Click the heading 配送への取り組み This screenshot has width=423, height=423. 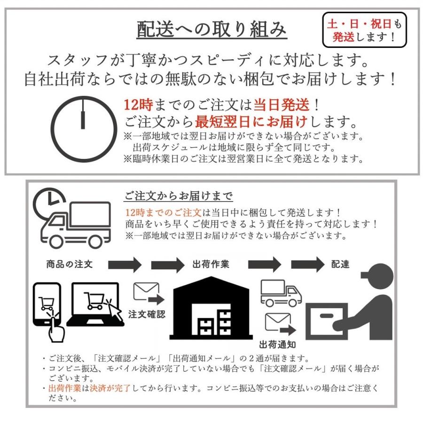click(211, 30)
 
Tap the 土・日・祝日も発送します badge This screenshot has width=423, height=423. click(364, 30)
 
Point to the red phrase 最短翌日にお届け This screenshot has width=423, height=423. click(251, 122)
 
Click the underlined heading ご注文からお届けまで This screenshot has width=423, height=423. click(179, 195)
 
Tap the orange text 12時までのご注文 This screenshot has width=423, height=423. click(164, 212)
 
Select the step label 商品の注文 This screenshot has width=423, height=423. click(70, 264)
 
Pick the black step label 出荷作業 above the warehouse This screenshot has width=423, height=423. click(211, 264)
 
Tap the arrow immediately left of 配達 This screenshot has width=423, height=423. click(307, 264)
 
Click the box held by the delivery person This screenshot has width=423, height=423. click(327, 321)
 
